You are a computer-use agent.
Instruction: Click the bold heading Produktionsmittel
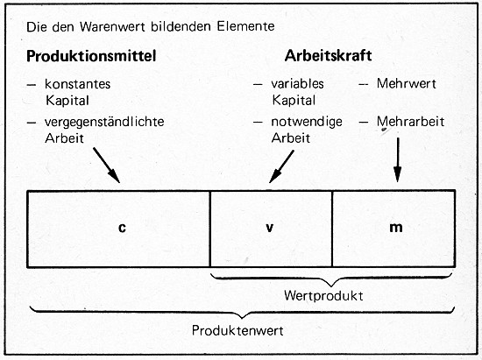click(91, 56)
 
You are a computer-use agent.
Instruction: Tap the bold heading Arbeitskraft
click(328, 55)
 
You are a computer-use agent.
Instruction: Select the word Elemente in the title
click(246, 26)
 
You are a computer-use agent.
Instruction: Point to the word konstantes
click(77, 84)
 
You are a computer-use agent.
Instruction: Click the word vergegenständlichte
click(104, 122)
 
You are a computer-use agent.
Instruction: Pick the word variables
click(297, 83)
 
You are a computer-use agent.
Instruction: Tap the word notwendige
click(307, 122)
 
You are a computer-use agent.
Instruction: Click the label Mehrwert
click(407, 83)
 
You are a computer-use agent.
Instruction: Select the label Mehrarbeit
click(410, 122)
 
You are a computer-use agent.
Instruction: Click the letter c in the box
click(122, 228)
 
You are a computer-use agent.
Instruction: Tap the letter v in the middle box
click(270, 228)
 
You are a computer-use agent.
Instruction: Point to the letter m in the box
click(396, 228)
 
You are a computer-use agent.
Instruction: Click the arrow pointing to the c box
click(106, 166)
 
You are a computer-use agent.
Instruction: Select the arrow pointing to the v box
click(281, 166)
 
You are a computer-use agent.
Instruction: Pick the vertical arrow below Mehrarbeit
click(398, 159)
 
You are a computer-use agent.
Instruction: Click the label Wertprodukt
click(323, 296)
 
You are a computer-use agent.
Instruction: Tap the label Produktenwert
click(237, 331)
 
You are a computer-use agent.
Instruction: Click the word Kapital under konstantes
click(67, 101)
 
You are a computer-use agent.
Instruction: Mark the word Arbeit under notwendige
click(290, 138)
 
